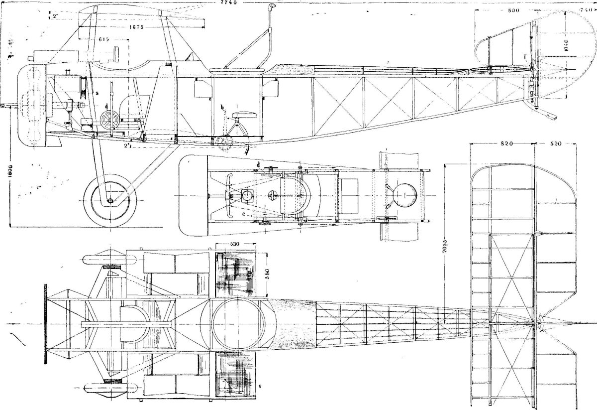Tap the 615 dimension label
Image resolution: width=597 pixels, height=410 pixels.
(x=104, y=39)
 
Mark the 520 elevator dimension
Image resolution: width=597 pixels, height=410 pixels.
(x=556, y=144)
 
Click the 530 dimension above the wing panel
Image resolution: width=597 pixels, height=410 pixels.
(x=235, y=244)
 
